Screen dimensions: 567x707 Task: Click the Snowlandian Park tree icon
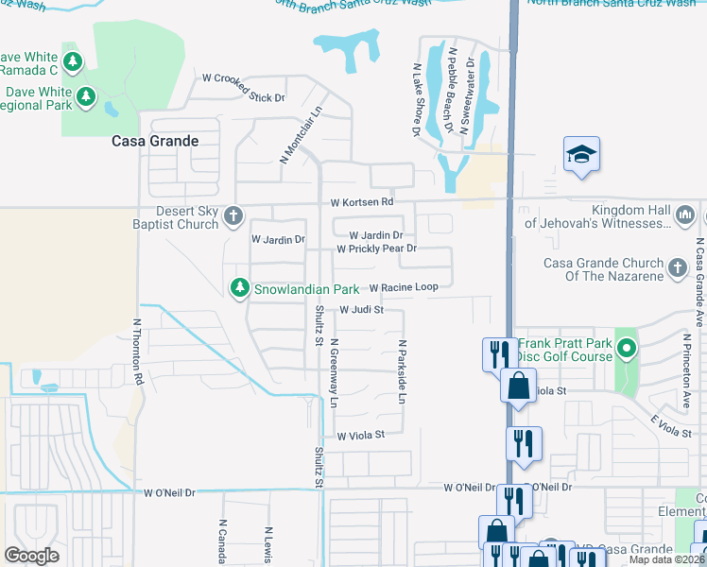[241, 287]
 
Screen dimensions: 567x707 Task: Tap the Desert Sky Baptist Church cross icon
[233, 218]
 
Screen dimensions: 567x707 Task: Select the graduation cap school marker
[581, 154]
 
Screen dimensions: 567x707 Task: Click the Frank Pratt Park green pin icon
[626, 351]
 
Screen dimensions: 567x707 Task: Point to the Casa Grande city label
[155, 141]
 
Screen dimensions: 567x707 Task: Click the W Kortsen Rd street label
[361, 202]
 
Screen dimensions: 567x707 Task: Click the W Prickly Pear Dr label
[377, 249]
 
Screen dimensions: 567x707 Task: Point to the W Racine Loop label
[404, 287]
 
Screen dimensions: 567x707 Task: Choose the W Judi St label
[360, 309]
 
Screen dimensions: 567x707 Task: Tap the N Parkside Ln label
[402, 373]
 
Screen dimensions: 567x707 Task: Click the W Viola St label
[361, 435]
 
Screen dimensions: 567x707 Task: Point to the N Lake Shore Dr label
[415, 100]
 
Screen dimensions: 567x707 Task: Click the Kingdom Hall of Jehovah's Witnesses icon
[686, 217]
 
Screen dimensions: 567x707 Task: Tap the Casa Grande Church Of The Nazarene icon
[677, 268]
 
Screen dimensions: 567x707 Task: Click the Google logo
[31, 556]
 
